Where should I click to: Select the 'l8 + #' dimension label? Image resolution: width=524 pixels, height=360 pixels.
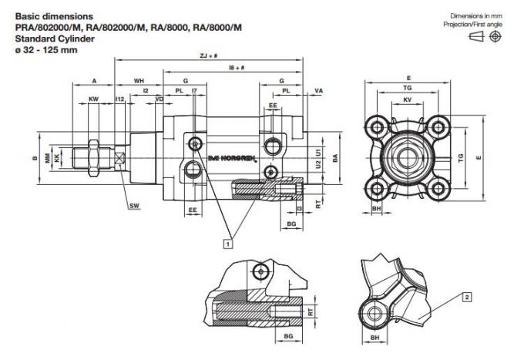(237, 68)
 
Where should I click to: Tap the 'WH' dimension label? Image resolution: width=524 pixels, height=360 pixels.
(139, 80)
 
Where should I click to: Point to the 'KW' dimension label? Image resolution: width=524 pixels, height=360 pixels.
(94, 99)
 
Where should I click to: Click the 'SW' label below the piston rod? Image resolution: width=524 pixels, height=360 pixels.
(134, 206)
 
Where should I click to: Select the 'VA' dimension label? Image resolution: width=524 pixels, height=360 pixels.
(319, 91)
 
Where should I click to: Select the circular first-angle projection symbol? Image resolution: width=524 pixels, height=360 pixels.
(495, 36)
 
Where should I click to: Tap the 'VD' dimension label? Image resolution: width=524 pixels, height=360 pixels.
(159, 99)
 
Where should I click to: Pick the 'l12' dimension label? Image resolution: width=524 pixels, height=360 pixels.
(119, 99)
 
